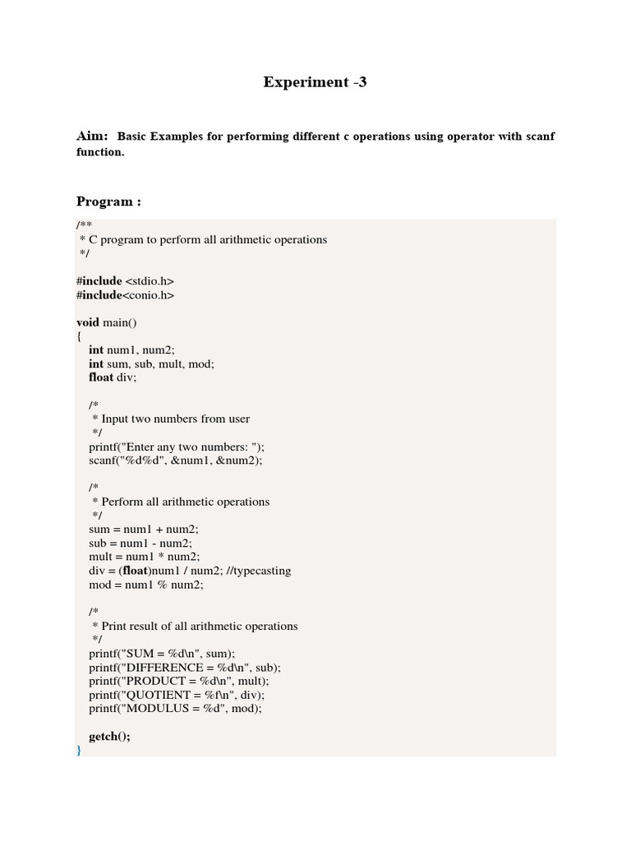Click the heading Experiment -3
pyautogui.click(x=315, y=82)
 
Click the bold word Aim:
pyautogui.click(x=92, y=136)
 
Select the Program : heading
pyautogui.click(x=108, y=201)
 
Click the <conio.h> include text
pyautogui.click(x=149, y=295)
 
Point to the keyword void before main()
pyautogui.click(x=88, y=322)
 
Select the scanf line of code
pyautogui.click(x=176, y=460)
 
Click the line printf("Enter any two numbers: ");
pyautogui.click(x=177, y=446)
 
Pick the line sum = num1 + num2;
pyautogui.click(x=144, y=529)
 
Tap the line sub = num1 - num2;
pyautogui.click(x=141, y=543)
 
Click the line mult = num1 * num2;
pyautogui.click(x=145, y=557)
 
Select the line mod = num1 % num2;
pyautogui.click(x=146, y=585)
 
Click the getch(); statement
pyautogui.click(x=109, y=737)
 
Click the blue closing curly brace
pyautogui.click(x=79, y=750)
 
